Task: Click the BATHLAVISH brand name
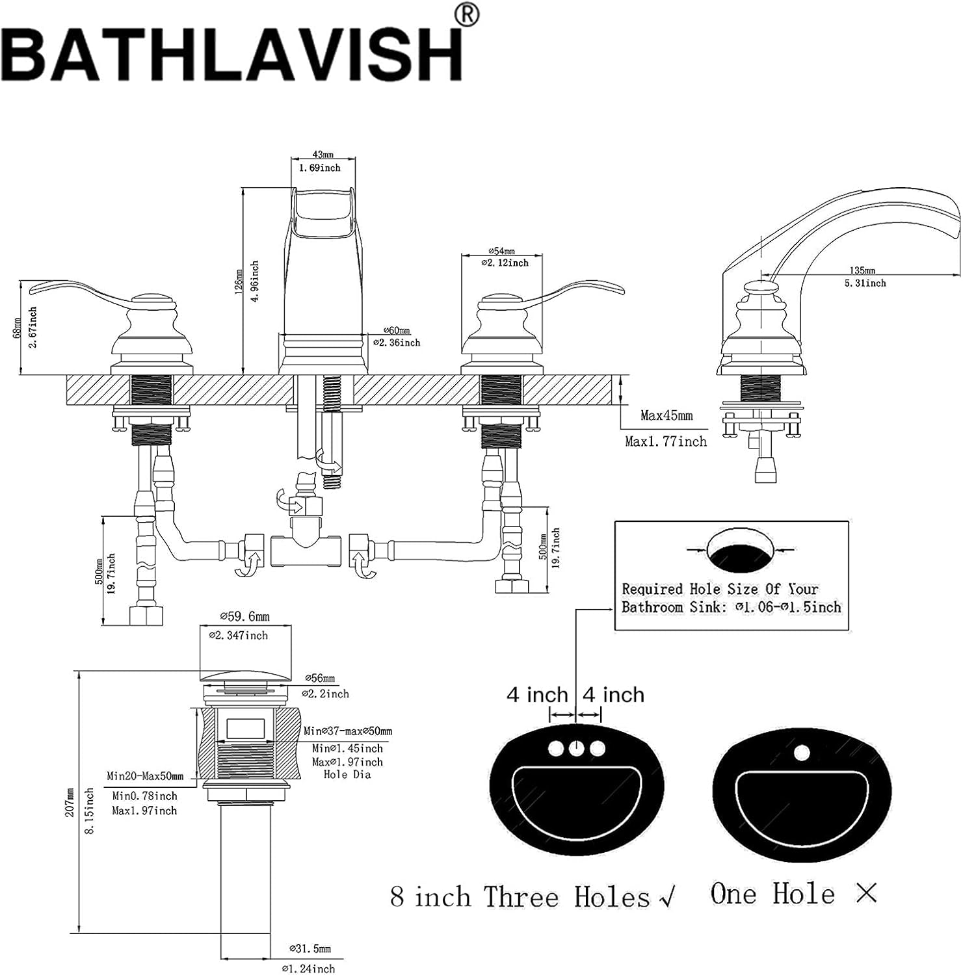pyautogui.click(x=234, y=55)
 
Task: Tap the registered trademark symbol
pyautogui.click(x=468, y=15)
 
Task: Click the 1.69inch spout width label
pyautogui.click(x=319, y=168)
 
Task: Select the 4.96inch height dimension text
pyautogui.click(x=254, y=281)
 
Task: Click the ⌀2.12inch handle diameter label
pyautogui.click(x=505, y=263)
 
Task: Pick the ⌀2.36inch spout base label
pyautogui.click(x=397, y=343)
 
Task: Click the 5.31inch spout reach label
pyautogui.click(x=865, y=283)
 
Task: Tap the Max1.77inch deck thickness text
pyautogui.click(x=665, y=441)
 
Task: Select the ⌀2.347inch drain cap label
pyautogui.click(x=239, y=635)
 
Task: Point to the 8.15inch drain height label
pyautogui.click(x=90, y=811)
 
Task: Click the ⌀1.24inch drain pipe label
pyautogui.click(x=308, y=968)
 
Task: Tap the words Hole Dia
pyautogui.click(x=347, y=774)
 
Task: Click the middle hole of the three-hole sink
pyautogui.click(x=576, y=749)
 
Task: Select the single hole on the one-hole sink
pyautogui.click(x=802, y=753)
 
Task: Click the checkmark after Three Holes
pyautogui.click(x=667, y=897)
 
